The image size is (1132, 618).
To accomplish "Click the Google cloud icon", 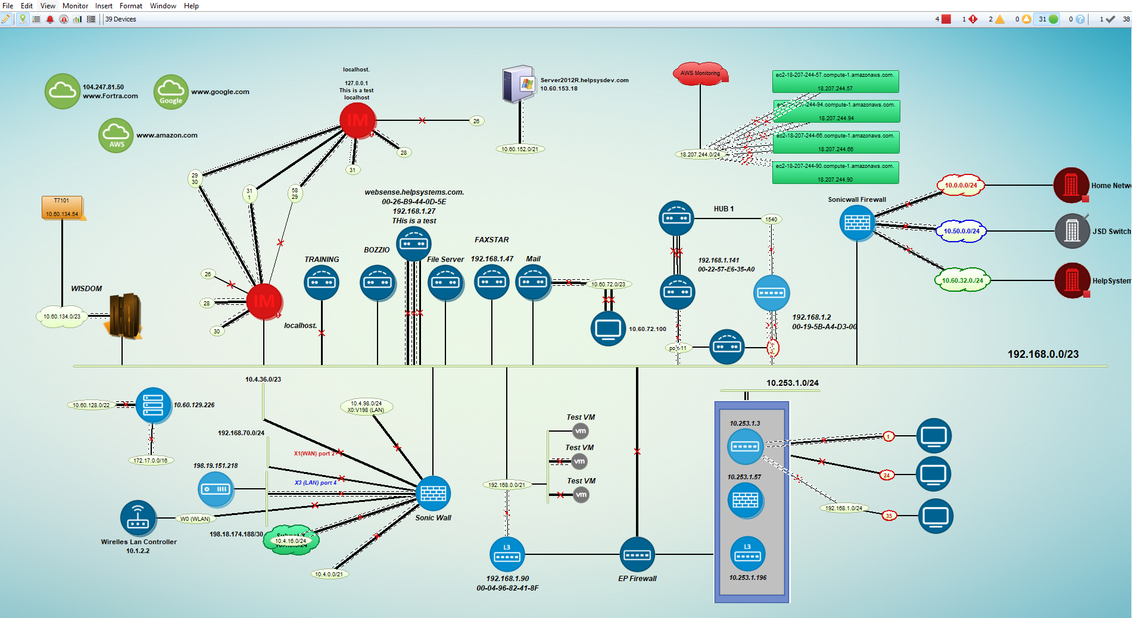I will pyautogui.click(x=171, y=92).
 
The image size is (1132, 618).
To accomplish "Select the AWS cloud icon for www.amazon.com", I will pyautogui.click(x=116, y=136).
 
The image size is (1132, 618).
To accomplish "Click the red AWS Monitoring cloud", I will pyautogui.click(x=700, y=74).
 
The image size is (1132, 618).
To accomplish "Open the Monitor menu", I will pyautogui.click(x=75, y=6).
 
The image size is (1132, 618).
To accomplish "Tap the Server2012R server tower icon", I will pyautogui.click(x=518, y=84).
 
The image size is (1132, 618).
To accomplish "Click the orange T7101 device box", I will pyautogui.click(x=62, y=207).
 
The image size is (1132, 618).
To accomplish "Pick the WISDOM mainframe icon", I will pyautogui.click(x=124, y=316).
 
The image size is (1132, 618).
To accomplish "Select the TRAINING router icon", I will pyautogui.click(x=322, y=282).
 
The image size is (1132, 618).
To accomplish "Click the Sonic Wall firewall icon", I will pyautogui.click(x=433, y=494).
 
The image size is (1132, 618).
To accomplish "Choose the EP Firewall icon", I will pyautogui.click(x=637, y=555).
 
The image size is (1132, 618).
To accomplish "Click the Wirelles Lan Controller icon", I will pyautogui.click(x=138, y=517).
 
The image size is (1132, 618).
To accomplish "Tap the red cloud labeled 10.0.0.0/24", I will pyautogui.click(x=961, y=185).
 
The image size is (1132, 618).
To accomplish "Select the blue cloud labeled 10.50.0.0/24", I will pyautogui.click(x=961, y=231).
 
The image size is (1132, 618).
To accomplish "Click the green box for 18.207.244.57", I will pyautogui.click(x=835, y=82).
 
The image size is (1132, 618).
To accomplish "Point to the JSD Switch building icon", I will pyautogui.click(x=1072, y=231).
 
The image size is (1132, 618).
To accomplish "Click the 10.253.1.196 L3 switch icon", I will pyautogui.click(x=747, y=554).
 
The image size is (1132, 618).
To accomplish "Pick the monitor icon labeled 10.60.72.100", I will pyautogui.click(x=608, y=329).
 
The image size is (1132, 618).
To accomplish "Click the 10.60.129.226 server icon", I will pyautogui.click(x=153, y=405).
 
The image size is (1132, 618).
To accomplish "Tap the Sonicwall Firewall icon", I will pyautogui.click(x=857, y=223).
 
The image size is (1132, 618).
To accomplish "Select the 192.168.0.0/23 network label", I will pyautogui.click(x=1043, y=354).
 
